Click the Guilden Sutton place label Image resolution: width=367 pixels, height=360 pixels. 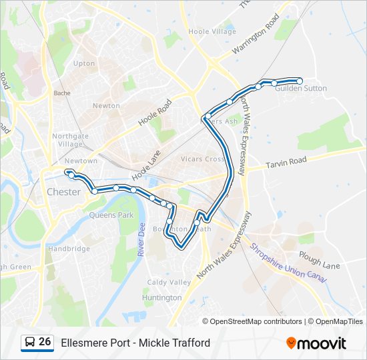pyautogui.click(x=300, y=88)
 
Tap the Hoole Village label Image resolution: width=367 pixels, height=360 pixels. pyautogui.click(x=212, y=31)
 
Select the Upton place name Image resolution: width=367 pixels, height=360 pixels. pyautogui.click(x=84, y=64)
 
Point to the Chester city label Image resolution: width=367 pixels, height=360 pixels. pyautogui.click(x=63, y=192)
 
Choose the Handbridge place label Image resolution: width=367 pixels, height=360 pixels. pyautogui.click(x=69, y=249)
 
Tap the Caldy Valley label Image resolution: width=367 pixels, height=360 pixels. pyautogui.click(x=169, y=283)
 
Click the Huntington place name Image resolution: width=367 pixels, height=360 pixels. pyautogui.click(x=161, y=298)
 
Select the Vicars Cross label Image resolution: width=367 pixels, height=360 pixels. pyautogui.click(x=204, y=159)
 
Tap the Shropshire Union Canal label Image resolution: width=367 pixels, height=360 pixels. pyautogui.click(x=288, y=263)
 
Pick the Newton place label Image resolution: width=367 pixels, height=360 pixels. pyautogui.click(x=107, y=106)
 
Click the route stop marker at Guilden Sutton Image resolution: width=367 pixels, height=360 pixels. pyautogui.click(x=300, y=81)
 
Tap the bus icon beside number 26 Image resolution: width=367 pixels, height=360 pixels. pyautogui.click(x=30, y=343)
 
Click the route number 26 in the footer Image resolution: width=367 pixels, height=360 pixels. pyautogui.click(x=45, y=342)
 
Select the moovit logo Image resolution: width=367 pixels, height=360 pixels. pyautogui.click(x=316, y=343)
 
